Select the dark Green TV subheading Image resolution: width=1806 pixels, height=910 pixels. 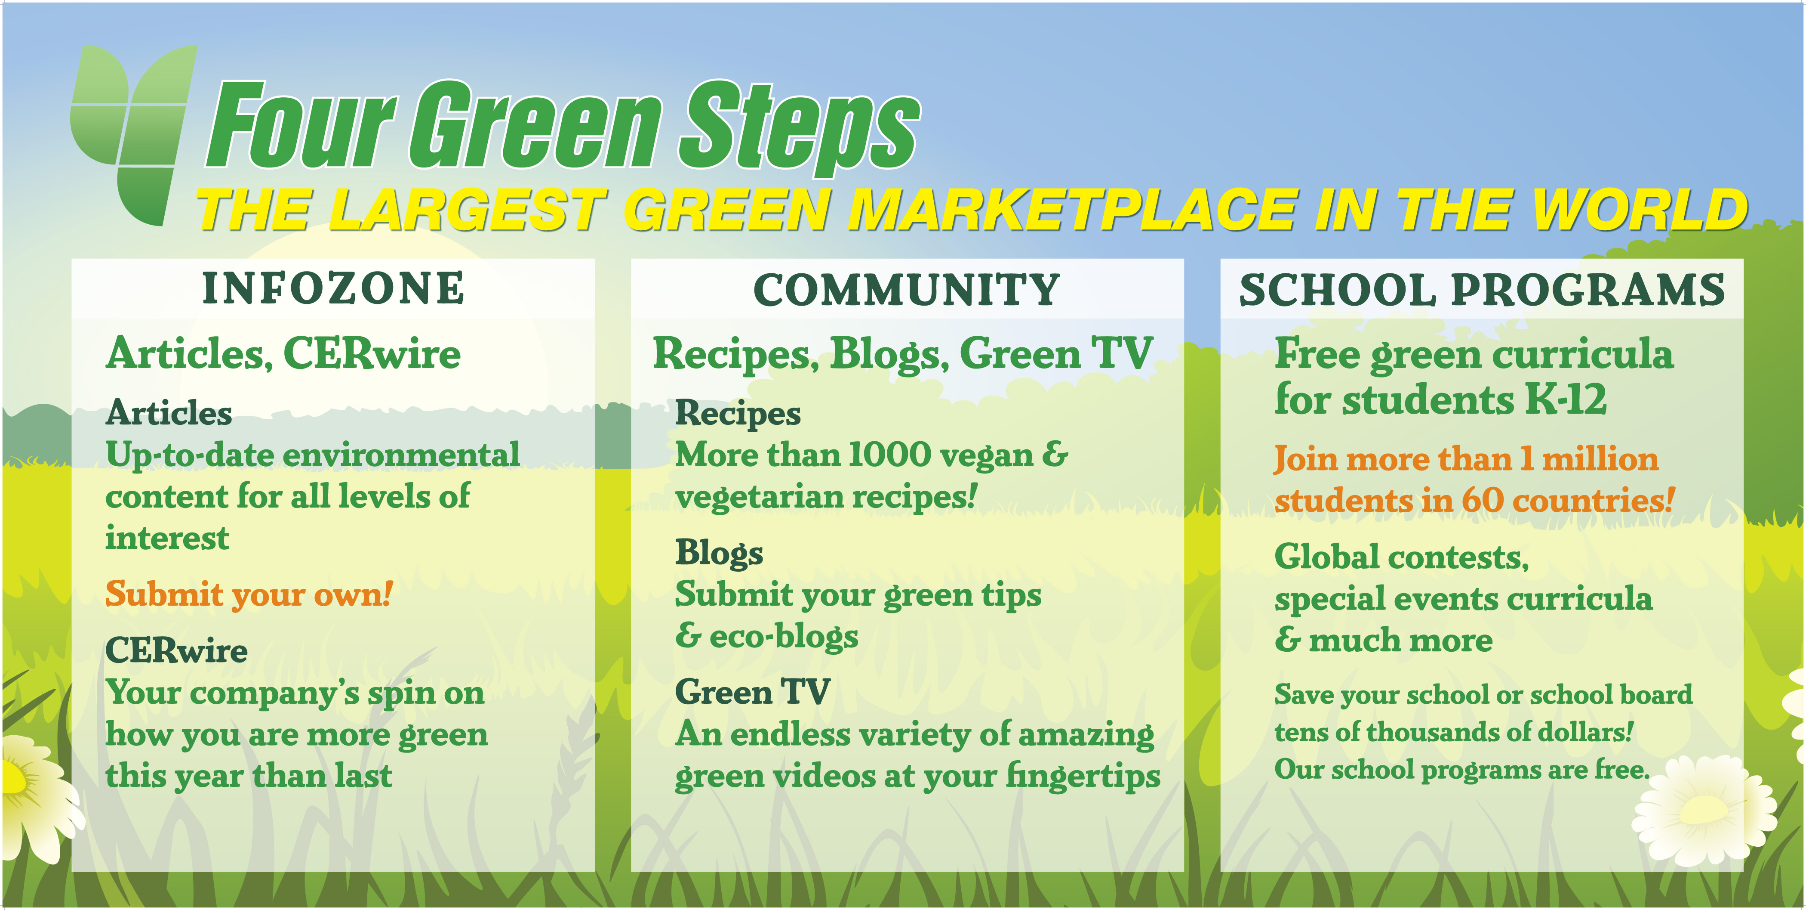coord(752,692)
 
